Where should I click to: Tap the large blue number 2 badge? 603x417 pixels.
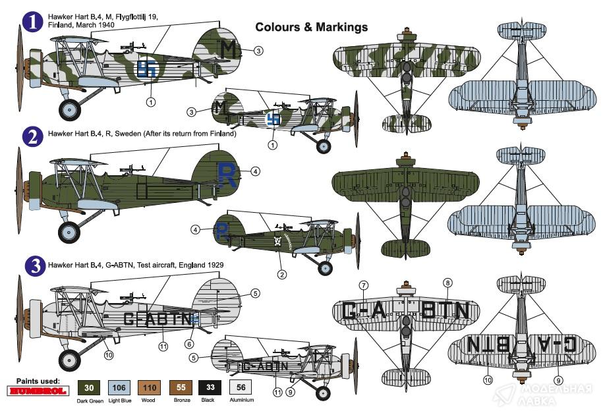tap(32, 136)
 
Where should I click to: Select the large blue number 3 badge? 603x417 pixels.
tap(32, 266)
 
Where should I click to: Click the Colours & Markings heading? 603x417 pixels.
tap(311, 27)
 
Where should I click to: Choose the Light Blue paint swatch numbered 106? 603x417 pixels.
tap(119, 387)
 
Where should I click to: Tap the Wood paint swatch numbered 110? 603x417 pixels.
tap(150, 387)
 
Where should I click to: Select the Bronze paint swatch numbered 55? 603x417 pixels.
tap(180, 387)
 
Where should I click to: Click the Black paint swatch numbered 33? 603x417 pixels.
tap(211, 387)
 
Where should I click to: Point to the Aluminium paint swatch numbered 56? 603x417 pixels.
tap(241, 387)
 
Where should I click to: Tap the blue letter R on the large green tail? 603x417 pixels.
tap(226, 174)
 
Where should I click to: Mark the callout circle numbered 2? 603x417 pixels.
tap(281, 274)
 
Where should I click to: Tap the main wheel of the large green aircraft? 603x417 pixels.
tap(69, 231)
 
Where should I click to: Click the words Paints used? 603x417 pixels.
tap(38, 381)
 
